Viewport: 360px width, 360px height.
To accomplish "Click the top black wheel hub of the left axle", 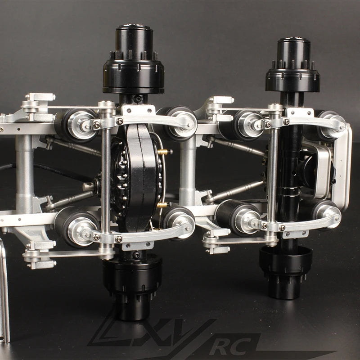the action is pyautogui.click(x=134, y=60).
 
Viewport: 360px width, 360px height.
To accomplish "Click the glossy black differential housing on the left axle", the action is pyautogui.click(x=137, y=178).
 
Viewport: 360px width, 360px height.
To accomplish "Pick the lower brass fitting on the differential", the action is pyautogui.click(x=162, y=205).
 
